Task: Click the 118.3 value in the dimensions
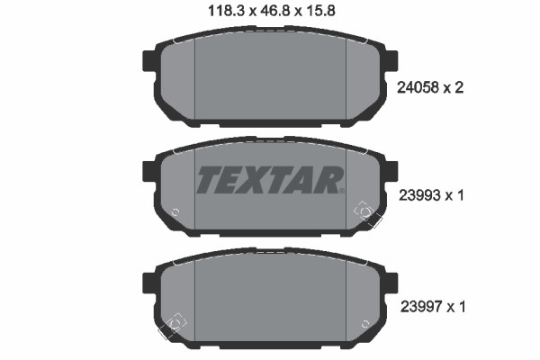(226, 11)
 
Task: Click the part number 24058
(418, 87)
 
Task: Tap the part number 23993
(419, 195)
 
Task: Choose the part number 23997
(421, 306)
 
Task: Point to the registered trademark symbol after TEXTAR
(342, 191)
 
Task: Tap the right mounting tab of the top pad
(391, 61)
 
